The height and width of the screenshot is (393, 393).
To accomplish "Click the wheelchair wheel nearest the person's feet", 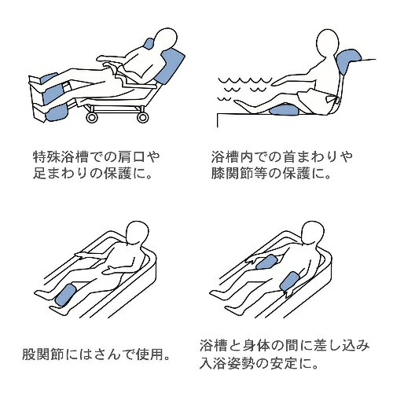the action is point(92,117).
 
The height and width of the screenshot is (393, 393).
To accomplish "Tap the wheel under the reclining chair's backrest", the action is point(143,117).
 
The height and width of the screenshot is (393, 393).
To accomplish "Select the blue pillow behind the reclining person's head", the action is point(149,44).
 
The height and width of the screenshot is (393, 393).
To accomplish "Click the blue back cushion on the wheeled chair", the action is point(170,66).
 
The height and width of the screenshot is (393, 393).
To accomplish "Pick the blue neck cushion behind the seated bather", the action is point(349,62).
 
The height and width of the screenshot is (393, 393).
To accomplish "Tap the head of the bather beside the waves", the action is point(329,42).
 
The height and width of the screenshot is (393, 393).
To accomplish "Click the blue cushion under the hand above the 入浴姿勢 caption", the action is point(267,263).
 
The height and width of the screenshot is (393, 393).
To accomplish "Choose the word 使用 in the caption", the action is point(148,354).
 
